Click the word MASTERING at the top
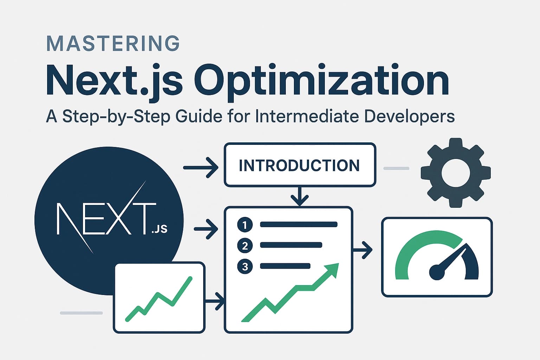(x=113, y=43)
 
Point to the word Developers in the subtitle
(x=410, y=116)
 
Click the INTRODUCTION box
(x=300, y=165)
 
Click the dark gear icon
(x=456, y=172)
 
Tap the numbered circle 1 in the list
(x=245, y=225)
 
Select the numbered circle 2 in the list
(x=245, y=245)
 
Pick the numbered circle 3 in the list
(x=245, y=266)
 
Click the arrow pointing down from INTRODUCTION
(x=300, y=197)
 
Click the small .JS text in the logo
(x=159, y=230)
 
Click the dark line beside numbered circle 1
(x=298, y=225)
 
